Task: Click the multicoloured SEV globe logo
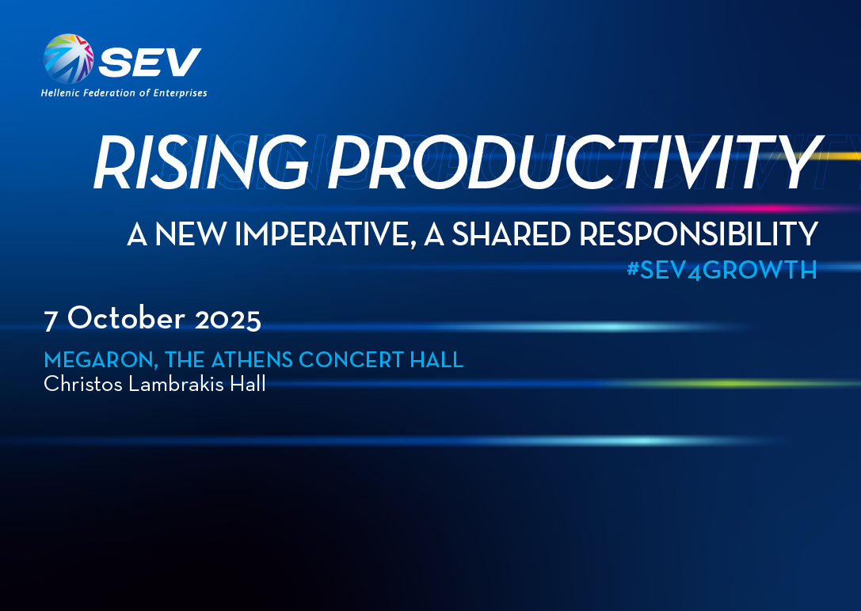tap(68, 59)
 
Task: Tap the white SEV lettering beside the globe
tap(150, 62)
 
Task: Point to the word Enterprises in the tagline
tap(180, 93)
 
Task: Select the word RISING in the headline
tap(201, 162)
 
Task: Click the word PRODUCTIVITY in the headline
tap(574, 162)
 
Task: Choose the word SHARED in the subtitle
tap(511, 234)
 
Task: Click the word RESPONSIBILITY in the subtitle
tap(699, 234)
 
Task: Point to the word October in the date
tap(126, 317)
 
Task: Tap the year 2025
tap(228, 320)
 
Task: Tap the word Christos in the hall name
tap(83, 383)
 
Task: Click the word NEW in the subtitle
tap(190, 234)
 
